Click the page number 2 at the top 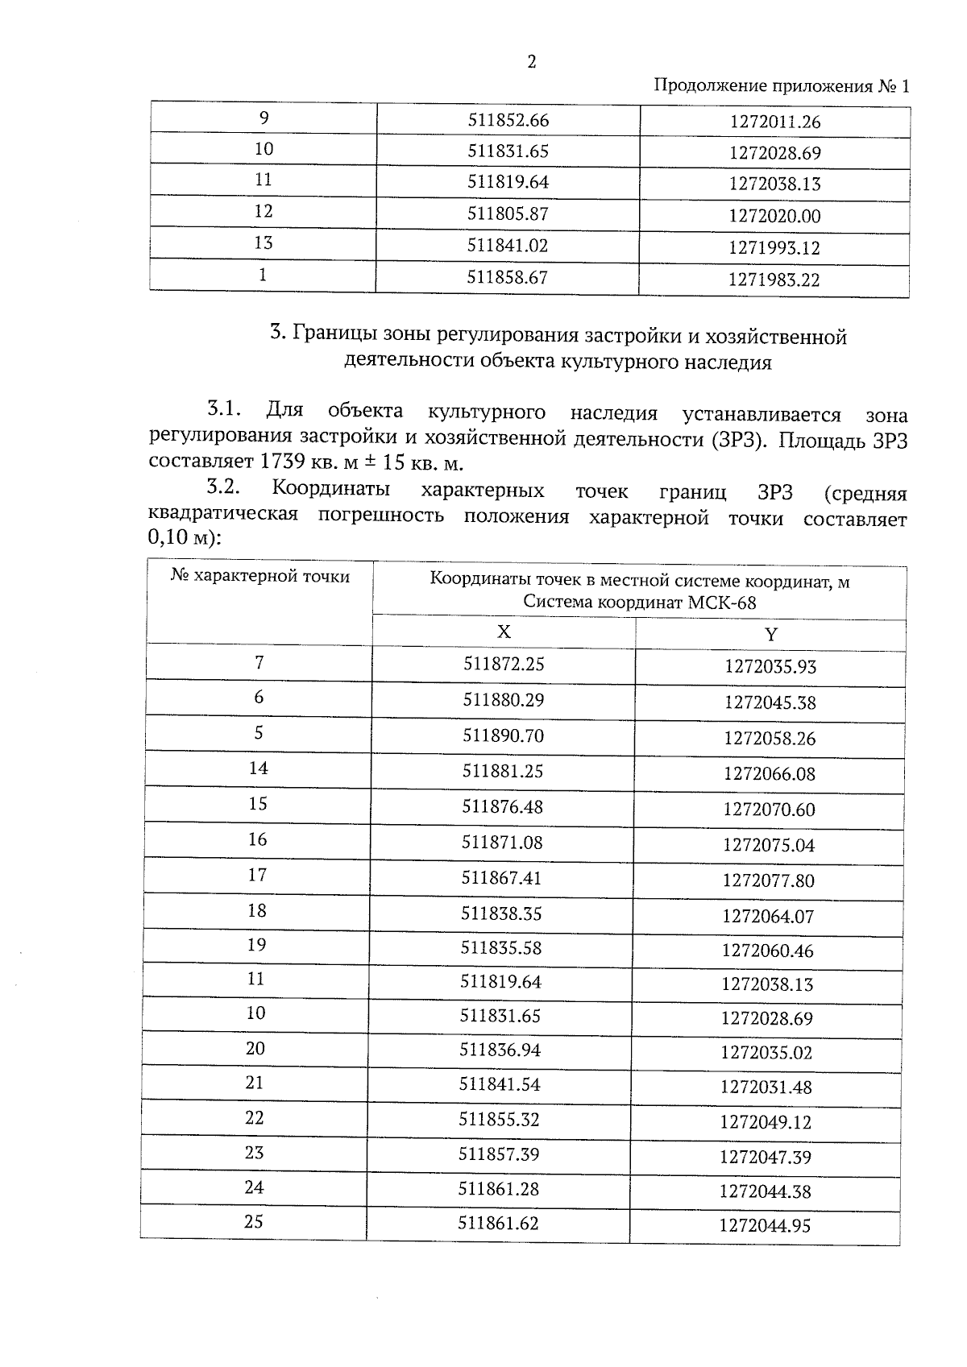pos(531,63)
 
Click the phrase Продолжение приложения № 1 pos(780,86)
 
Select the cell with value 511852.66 pos(508,120)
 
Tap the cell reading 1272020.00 pos(774,216)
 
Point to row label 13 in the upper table pos(263,242)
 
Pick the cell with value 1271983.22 pos(774,280)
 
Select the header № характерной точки pos(260,577)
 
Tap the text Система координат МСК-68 pos(639,602)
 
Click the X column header pos(504,632)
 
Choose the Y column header pos(770,635)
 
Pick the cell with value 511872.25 pos(504,664)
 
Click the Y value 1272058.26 pos(770,738)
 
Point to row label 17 pos(257,875)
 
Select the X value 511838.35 pos(501,913)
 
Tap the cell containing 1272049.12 pos(766,1122)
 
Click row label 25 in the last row pos(254,1222)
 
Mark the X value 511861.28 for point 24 pos(499,1189)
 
